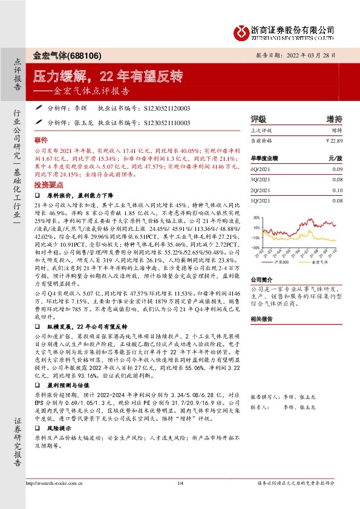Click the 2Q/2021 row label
pyautogui.click(x=260, y=190)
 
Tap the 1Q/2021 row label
pyautogui.click(x=260, y=200)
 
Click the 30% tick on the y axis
pyautogui.click(x=256, y=218)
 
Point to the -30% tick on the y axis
pyautogui.click(x=255, y=247)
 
